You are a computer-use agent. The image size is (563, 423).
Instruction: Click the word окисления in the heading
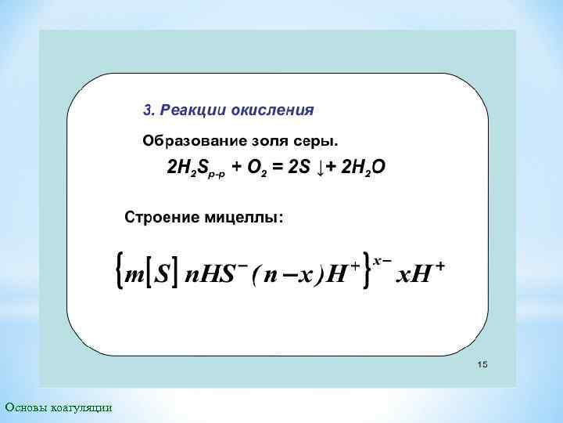point(273,110)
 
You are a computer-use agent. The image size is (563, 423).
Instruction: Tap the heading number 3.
point(146,110)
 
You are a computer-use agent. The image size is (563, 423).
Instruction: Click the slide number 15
point(482,365)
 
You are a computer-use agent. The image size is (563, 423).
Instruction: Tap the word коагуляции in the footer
point(81,407)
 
